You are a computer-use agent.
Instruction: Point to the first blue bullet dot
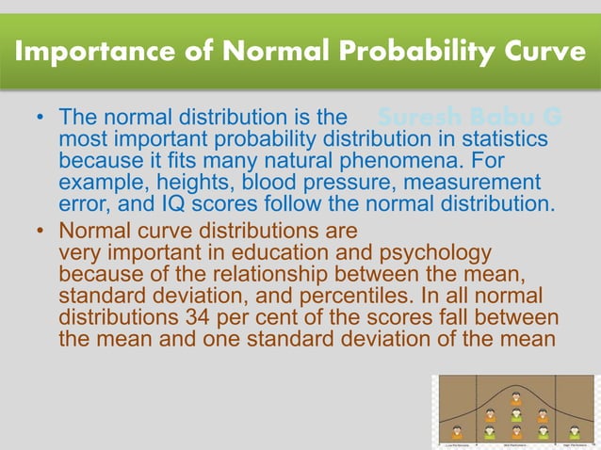click(x=40, y=120)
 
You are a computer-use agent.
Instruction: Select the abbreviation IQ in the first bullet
click(x=173, y=202)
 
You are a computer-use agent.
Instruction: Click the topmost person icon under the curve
click(x=515, y=398)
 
